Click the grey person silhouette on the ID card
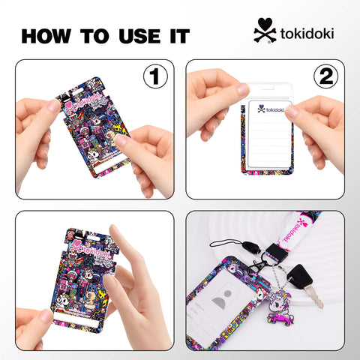pos(223,304)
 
